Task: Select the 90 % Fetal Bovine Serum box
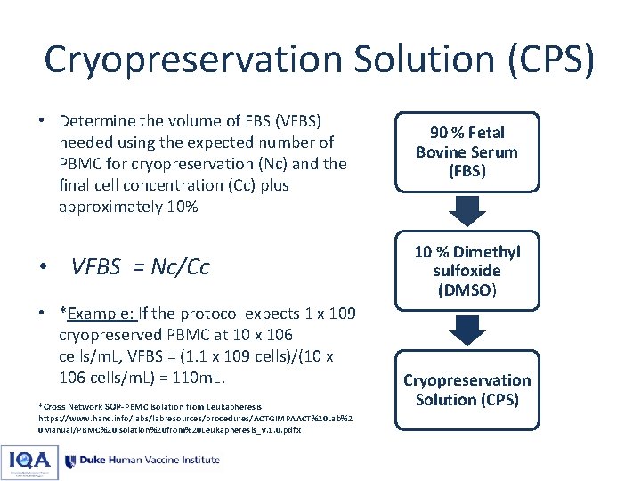[x=467, y=151]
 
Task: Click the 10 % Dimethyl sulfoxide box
[x=467, y=271]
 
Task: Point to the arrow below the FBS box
[x=467, y=211]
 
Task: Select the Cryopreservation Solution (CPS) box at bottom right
[x=467, y=390]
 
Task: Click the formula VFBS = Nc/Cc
[x=140, y=266]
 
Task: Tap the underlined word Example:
[x=101, y=314]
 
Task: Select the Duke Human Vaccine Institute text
[x=149, y=461]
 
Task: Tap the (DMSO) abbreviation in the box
[x=467, y=290]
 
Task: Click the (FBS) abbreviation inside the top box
[x=467, y=171]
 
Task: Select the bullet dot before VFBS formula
[x=43, y=267]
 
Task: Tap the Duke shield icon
[x=69, y=461]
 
